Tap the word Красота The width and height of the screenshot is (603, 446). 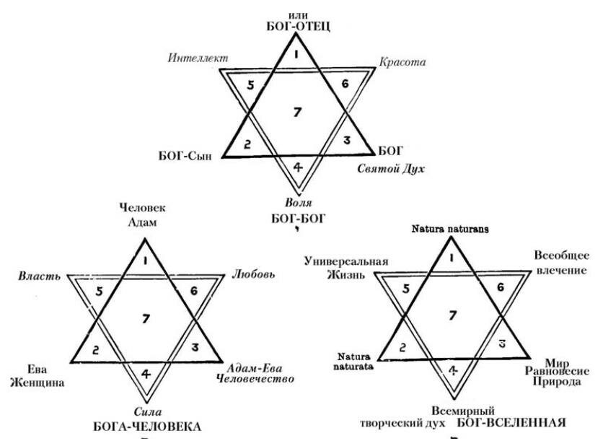(x=402, y=62)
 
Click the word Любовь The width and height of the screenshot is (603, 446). (x=253, y=276)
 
